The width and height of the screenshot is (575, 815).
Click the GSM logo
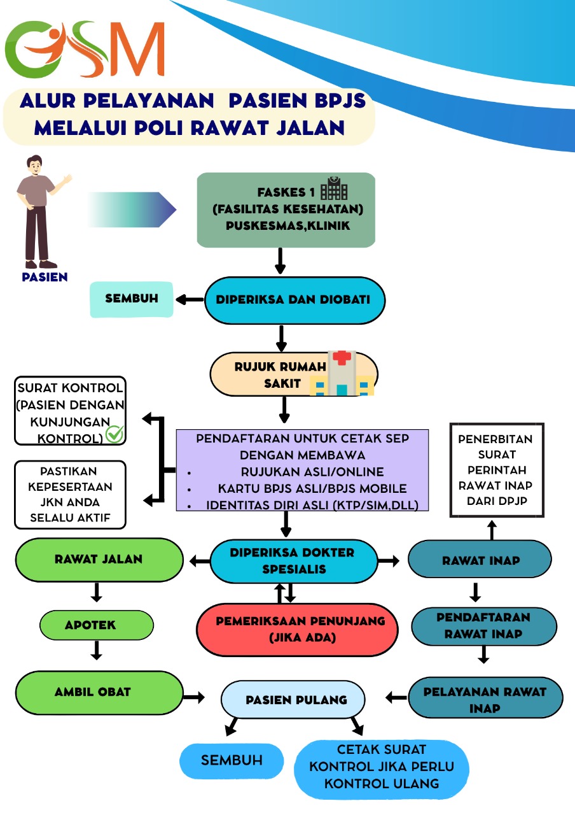(85, 49)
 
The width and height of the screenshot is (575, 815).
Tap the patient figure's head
(34, 166)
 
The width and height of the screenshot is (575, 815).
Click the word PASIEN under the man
(45, 277)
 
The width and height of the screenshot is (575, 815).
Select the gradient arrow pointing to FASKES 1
(132, 209)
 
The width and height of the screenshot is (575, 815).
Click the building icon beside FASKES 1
(334, 188)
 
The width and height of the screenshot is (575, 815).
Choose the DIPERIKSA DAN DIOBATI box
(294, 300)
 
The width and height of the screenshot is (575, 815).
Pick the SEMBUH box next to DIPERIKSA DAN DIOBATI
(132, 299)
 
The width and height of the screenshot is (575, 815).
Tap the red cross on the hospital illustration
(342, 358)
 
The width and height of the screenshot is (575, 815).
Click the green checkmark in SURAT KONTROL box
(114, 434)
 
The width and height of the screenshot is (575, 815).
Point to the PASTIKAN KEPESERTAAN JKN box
(70, 495)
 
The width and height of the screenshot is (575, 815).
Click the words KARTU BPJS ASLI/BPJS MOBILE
(312, 488)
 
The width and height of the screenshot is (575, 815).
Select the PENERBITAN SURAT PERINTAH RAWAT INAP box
(497, 470)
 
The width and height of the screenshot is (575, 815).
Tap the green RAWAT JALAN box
(99, 560)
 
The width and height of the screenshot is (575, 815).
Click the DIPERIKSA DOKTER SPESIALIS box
(294, 561)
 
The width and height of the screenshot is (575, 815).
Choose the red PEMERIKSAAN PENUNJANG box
(297, 630)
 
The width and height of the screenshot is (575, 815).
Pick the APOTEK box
(97, 625)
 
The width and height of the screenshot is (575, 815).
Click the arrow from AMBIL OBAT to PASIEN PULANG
(194, 697)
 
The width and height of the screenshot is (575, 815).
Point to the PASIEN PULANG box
(293, 699)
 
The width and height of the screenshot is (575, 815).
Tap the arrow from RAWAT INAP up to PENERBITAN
(492, 530)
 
